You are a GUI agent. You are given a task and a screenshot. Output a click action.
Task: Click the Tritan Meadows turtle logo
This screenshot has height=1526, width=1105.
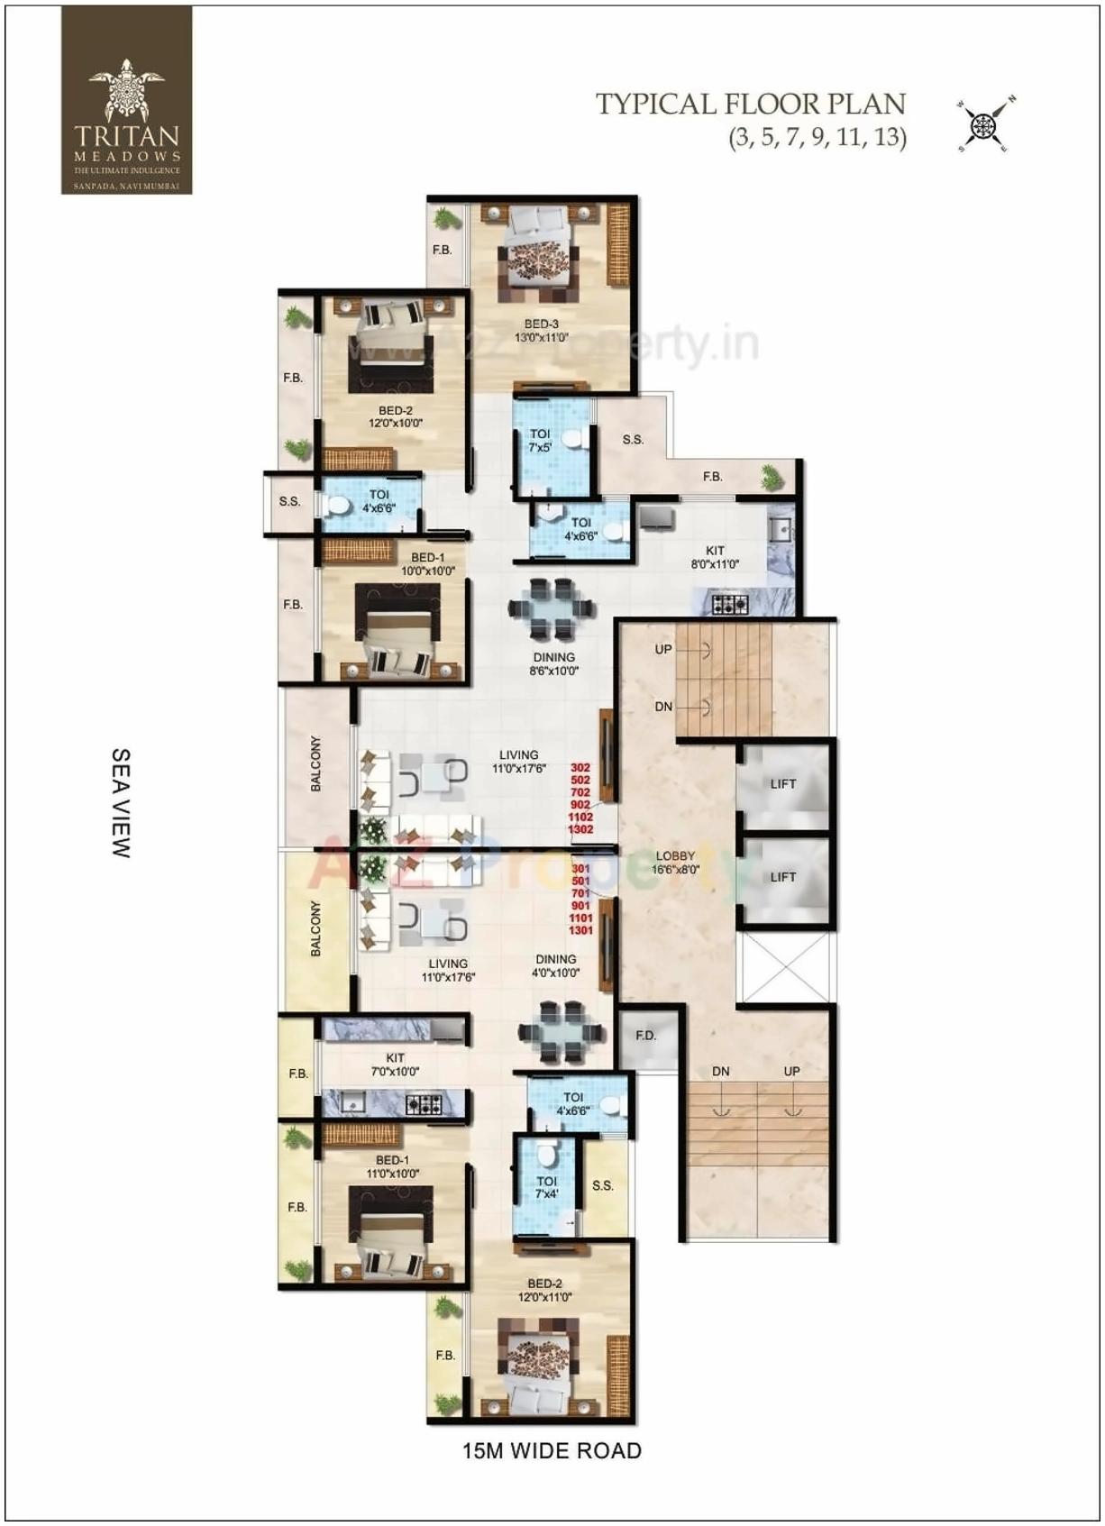[x=126, y=89]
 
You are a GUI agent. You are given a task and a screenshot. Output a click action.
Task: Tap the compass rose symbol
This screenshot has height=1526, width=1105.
[x=985, y=123]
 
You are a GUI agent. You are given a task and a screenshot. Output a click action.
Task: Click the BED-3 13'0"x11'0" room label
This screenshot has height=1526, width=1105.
[x=542, y=331]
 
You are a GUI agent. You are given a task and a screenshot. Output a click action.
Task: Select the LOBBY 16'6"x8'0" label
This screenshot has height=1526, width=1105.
[x=675, y=863]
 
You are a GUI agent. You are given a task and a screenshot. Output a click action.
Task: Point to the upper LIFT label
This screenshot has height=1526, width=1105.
[x=782, y=784]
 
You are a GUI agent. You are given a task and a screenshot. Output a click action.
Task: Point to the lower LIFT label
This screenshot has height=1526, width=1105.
[x=782, y=877]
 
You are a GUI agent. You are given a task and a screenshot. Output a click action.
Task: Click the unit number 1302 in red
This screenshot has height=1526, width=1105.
[x=580, y=828]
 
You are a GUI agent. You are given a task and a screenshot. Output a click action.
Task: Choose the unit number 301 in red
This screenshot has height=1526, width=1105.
[x=580, y=869]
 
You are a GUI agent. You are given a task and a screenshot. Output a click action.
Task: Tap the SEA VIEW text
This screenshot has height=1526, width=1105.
[x=121, y=802]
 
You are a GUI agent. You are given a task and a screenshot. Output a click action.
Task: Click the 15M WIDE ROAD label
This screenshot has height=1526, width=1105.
[x=552, y=1451]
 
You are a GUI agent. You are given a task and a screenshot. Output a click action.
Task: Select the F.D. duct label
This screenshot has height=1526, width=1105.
[x=645, y=1036]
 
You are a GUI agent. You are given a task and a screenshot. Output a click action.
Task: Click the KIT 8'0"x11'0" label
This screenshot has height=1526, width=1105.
[x=715, y=557]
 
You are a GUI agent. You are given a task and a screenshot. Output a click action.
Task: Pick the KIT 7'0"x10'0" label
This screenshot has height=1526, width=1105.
[x=395, y=1065]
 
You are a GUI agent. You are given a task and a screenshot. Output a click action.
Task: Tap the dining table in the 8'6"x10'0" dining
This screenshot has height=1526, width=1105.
[x=552, y=608]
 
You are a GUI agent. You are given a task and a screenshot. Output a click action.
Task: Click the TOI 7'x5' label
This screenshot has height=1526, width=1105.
[x=540, y=440]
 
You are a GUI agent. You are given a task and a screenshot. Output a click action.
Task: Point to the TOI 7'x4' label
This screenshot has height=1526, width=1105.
[x=546, y=1187]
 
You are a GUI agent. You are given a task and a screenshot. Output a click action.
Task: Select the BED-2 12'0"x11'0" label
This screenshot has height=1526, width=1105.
[x=544, y=1290]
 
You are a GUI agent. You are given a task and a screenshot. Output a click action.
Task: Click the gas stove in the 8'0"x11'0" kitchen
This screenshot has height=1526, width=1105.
[x=730, y=604]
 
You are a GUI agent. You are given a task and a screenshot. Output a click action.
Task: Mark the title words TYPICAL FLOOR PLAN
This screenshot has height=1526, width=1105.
[x=750, y=105]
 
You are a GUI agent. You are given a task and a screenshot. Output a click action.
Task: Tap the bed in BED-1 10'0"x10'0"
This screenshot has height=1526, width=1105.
[x=397, y=631]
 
